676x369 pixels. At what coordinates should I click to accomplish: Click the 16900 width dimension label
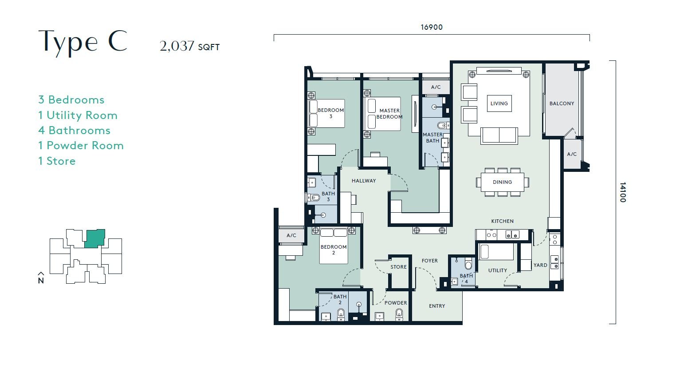[x=432, y=27]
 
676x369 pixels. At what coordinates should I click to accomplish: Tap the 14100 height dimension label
[x=623, y=192]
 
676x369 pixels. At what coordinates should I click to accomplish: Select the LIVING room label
[x=499, y=103]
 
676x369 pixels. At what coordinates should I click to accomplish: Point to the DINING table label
[x=502, y=182]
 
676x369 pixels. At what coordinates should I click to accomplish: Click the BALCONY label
[x=562, y=103]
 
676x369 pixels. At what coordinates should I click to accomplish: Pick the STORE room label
[x=398, y=267]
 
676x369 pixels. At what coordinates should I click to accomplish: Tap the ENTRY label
[x=437, y=306]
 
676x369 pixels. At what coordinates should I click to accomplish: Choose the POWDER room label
[x=396, y=302]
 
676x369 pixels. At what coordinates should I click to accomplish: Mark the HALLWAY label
[x=364, y=181]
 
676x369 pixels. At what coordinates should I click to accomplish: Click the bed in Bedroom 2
[x=334, y=246]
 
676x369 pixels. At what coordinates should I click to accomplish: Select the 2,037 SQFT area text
[x=189, y=46]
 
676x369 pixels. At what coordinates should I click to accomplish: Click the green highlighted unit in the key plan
[x=94, y=238]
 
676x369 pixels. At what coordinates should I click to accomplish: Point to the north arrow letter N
[x=41, y=281]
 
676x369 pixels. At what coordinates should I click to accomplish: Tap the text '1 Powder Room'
[x=81, y=146]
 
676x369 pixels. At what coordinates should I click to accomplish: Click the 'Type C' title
[x=83, y=42]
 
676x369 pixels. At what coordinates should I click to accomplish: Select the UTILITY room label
[x=497, y=270]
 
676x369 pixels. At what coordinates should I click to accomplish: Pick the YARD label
[x=540, y=265]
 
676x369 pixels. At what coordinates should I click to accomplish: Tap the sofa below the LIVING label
[x=499, y=135]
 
